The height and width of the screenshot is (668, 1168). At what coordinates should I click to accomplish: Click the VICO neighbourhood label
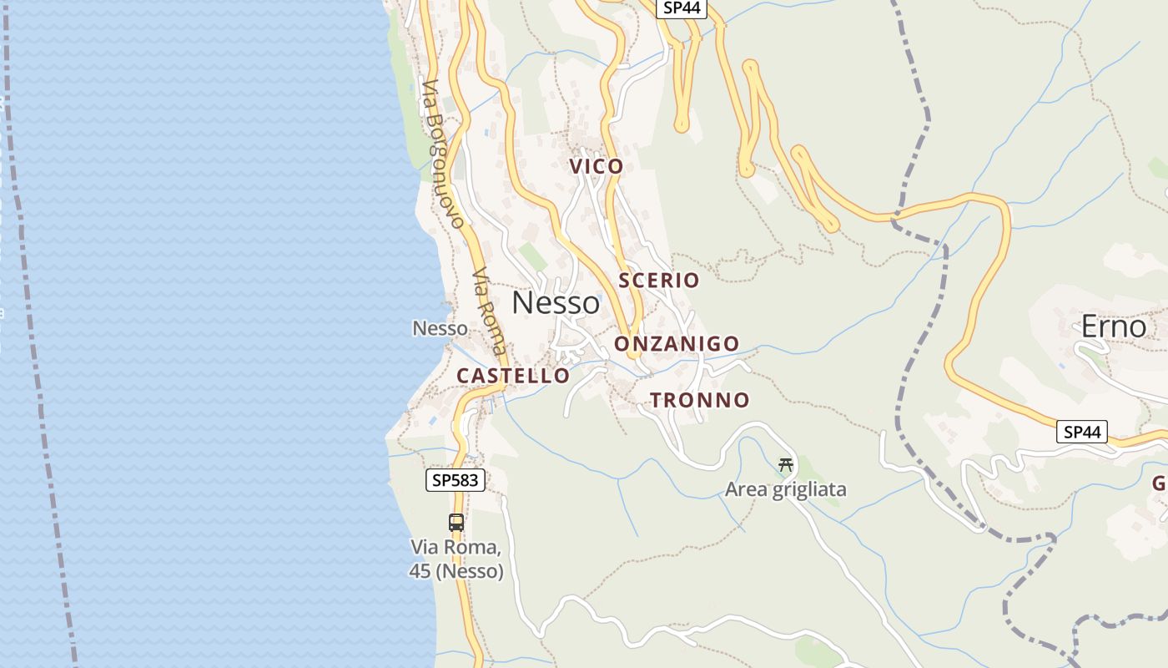[x=597, y=166]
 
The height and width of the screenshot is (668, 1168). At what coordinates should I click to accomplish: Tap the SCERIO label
[x=658, y=281]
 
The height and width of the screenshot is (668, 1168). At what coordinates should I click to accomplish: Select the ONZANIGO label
[x=677, y=344]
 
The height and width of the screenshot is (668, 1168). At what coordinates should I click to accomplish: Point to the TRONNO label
[x=699, y=401]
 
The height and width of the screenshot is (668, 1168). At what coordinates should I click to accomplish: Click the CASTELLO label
[x=512, y=376]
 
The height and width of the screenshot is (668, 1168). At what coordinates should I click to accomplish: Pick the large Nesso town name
[x=555, y=303]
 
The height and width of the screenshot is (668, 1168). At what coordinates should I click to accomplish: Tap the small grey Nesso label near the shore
[x=440, y=329]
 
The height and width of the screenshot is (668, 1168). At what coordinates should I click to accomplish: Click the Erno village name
[x=1113, y=327]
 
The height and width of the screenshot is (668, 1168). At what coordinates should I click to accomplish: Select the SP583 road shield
[x=456, y=480]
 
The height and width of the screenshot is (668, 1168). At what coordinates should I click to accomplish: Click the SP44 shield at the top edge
[x=681, y=8]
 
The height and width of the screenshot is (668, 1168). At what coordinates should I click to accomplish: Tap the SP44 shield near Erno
[x=1082, y=432]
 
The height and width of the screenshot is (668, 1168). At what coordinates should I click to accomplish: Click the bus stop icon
[x=456, y=523]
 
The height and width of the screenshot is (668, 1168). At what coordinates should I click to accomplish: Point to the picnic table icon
[x=785, y=465]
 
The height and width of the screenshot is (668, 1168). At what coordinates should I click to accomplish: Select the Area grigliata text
[x=785, y=489]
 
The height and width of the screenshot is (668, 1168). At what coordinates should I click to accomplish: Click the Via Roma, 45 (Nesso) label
[x=456, y=559]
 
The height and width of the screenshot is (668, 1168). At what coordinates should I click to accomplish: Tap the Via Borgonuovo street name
[x=442, y=154]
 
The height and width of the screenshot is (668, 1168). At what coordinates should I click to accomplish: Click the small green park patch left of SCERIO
[x=531, y=256]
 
